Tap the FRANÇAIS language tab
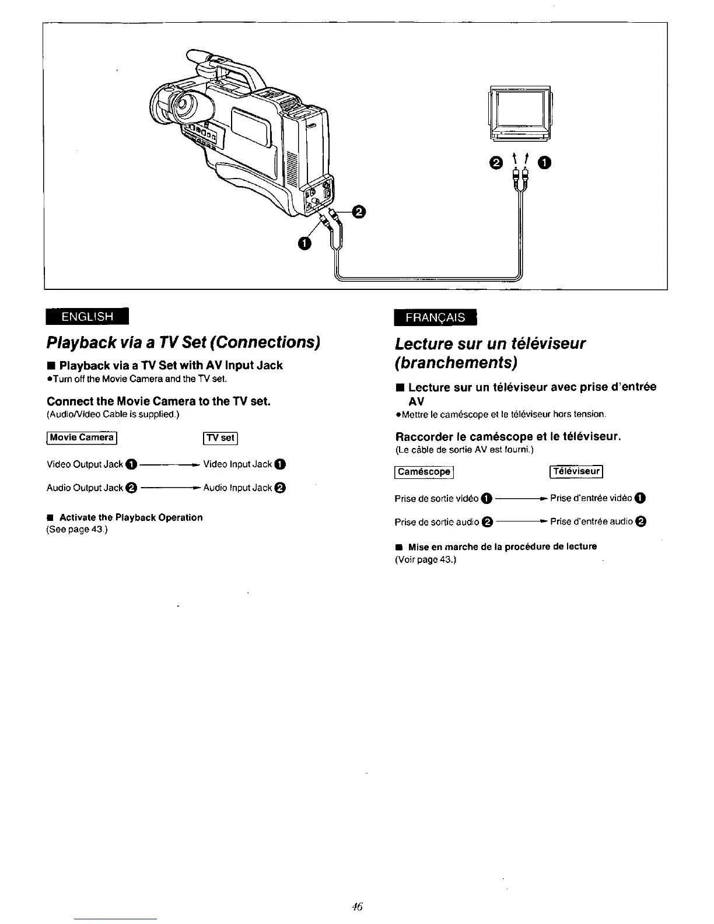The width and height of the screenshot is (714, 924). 435,317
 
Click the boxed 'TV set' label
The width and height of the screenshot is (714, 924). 219,437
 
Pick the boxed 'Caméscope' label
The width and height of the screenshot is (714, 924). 424,471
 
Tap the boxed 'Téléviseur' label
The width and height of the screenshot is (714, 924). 576,471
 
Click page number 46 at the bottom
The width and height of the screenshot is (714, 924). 358,907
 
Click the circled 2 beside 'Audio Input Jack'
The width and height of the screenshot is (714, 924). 280,488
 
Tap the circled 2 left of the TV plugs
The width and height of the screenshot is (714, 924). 496,164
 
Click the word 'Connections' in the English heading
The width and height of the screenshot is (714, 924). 273,341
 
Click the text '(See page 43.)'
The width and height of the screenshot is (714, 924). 76,529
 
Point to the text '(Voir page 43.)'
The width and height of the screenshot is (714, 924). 425,559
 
